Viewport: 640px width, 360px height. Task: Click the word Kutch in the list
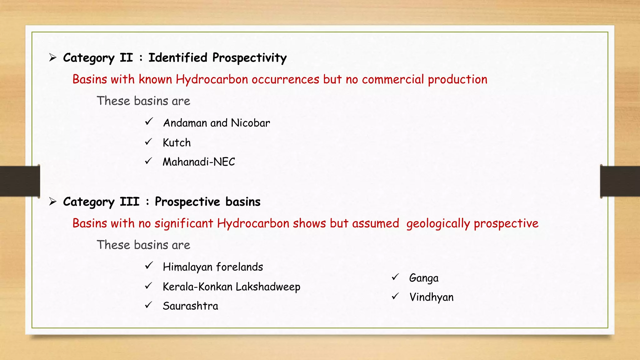[x=177, y=143]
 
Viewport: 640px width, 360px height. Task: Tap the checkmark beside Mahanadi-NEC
[x=148, y=161]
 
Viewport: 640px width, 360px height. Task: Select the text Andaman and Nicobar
[x=216, y=123]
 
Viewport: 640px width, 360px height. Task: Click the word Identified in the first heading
[x=178, y=58]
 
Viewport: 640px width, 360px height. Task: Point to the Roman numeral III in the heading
[x=129, y=202]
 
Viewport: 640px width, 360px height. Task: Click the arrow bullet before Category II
[x=52, y=57]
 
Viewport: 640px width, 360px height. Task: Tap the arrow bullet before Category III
[x=52, y=202]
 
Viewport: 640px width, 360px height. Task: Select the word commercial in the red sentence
[x=393, y=79]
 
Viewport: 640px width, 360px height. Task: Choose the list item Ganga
[x=423, y=278]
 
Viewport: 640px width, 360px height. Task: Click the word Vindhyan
[x=431, y=297]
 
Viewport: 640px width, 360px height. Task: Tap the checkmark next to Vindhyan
[x=395, y=296]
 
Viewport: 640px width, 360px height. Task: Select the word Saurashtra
[x=190, y=306]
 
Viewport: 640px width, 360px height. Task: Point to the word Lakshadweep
[x=268, y=287]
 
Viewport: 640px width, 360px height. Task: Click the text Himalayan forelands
[x=213, y=267]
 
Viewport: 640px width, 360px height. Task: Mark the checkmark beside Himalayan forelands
[x=149, y=266]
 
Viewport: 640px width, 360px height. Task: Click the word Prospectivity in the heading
[x=249, y=58]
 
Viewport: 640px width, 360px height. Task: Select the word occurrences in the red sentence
[x=285, y=79]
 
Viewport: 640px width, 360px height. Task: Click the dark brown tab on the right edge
[x=620, y=181]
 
